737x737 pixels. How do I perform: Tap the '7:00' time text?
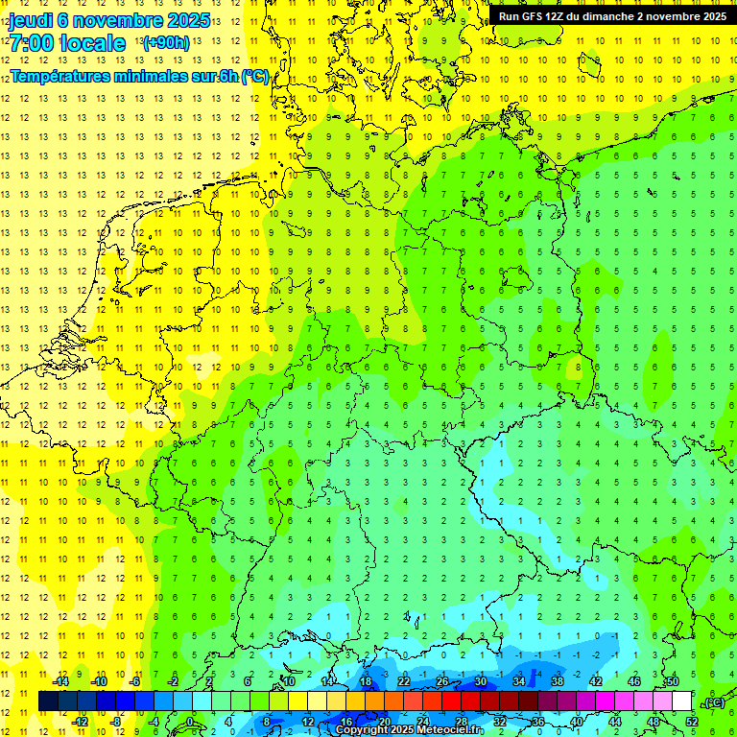point(30,43)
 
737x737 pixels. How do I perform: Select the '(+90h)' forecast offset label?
point(166,43)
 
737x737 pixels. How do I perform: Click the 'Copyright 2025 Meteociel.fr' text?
point(409,730)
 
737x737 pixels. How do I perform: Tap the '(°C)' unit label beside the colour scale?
point(714,703)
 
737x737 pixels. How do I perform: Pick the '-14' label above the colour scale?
point(61,682)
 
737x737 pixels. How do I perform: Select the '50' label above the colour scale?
point(672,682)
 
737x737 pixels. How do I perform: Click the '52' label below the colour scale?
point(691,721)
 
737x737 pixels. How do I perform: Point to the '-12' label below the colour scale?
point(81,721)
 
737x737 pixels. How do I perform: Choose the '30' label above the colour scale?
point(481,682)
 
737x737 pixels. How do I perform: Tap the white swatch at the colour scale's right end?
point(681,701)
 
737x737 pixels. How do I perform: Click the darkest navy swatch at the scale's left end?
point(48,701)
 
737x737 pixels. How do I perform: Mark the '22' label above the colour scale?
point(404,682)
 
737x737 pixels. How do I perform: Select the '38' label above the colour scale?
point(557,682)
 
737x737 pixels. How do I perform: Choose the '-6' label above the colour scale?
point(137,682)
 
